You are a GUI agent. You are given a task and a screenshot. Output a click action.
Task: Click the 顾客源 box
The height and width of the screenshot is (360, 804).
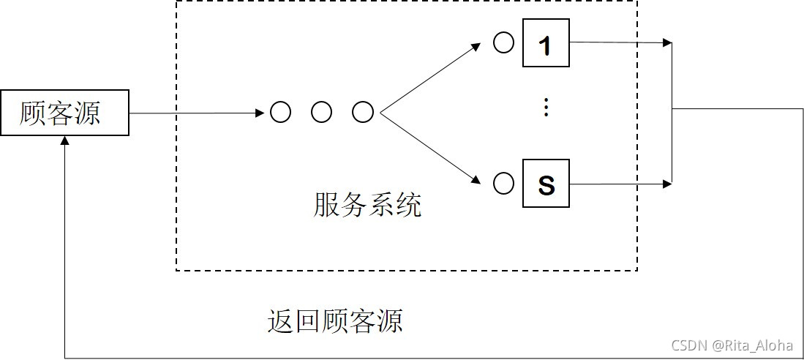pyautogui.click(x=64, y=113)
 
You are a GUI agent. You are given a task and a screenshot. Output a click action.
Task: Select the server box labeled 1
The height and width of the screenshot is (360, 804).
pyautogui.click(x=546, y=43)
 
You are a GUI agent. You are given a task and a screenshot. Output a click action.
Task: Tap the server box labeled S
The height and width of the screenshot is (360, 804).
pyautogui.click(x=546, y=184)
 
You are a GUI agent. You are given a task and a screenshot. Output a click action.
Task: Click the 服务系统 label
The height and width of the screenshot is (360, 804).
pyautogui.click(x=367, y=205)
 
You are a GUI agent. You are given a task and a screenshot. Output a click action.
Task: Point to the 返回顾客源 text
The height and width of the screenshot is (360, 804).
pyautogui.click(x=335, y=320)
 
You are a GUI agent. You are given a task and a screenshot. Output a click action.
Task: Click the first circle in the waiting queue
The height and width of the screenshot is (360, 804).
pyautogui.click(x=280, y=113)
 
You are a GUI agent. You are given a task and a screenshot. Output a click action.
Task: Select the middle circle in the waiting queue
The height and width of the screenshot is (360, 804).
pyautogui.click(x=321, y=113)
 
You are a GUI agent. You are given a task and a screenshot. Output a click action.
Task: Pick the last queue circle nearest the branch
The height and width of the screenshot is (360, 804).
pyautogui.click(x=363, y=113)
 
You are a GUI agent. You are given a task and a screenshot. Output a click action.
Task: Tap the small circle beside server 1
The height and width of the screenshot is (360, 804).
pyautogui.click(x=503, y=42)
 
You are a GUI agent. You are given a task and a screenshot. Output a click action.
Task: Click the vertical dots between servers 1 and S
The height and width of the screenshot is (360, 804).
pyautogui.click(x=545, y=108)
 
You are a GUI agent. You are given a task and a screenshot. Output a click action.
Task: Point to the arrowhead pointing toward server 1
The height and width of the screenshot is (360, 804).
pyautogui.click(x=476, y=47)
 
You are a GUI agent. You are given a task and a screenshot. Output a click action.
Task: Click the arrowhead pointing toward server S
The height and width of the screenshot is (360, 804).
pyautogui.click(x=476, y=179)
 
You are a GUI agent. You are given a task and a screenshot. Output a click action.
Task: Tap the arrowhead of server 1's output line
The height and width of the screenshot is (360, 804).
pyautogui.click(x=666, y=43)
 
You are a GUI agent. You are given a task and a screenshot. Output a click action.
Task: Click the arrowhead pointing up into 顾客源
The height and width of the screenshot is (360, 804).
pyautogui.click(x=65, y=142)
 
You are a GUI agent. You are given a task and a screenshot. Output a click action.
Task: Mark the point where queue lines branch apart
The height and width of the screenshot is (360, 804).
pyautogui.click(x=380, y=113)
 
